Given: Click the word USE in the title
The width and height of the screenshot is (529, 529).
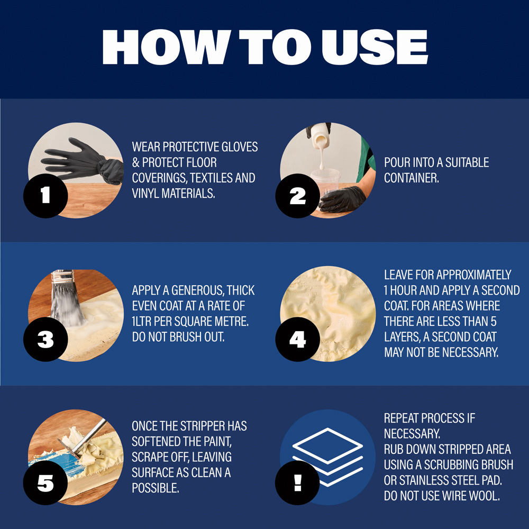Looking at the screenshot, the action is (x=375, y=47).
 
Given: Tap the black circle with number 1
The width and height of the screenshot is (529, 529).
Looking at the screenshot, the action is (x=45, y=196).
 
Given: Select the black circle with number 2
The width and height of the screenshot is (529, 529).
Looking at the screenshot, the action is (x=297, y=196).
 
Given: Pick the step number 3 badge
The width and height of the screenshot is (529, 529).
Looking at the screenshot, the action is (x=45, y=340).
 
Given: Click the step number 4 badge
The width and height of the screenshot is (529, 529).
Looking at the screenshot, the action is (x=297, y=340).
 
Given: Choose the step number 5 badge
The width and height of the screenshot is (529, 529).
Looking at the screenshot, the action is (x=45, y=483).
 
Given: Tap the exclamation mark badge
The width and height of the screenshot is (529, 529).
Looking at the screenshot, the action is (x=297, y=483).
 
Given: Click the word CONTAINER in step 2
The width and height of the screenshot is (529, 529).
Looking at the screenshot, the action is (x=411, y=178).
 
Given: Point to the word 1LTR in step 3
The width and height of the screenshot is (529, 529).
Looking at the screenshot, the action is (x=142, y=321).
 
